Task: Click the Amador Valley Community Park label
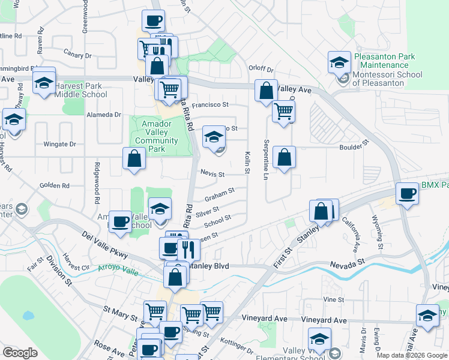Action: [x=157, y=137]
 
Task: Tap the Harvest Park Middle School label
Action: [x=81, y=90]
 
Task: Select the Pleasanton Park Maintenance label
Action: [x=385, y=61]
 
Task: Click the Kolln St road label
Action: [x=247, y=163]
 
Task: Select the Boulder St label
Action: [x=352, y=146]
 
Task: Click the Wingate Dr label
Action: [x=60, y=144]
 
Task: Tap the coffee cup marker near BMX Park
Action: [x=408, y=194]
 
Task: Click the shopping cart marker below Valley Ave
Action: [x=283, y=110]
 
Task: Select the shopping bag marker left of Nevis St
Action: [x=134, y=158]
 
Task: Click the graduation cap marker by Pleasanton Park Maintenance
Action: [x=339, y=62]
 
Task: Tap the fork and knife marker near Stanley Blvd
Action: [x=188, y=247]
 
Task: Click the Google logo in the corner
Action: [x=20, y=353]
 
